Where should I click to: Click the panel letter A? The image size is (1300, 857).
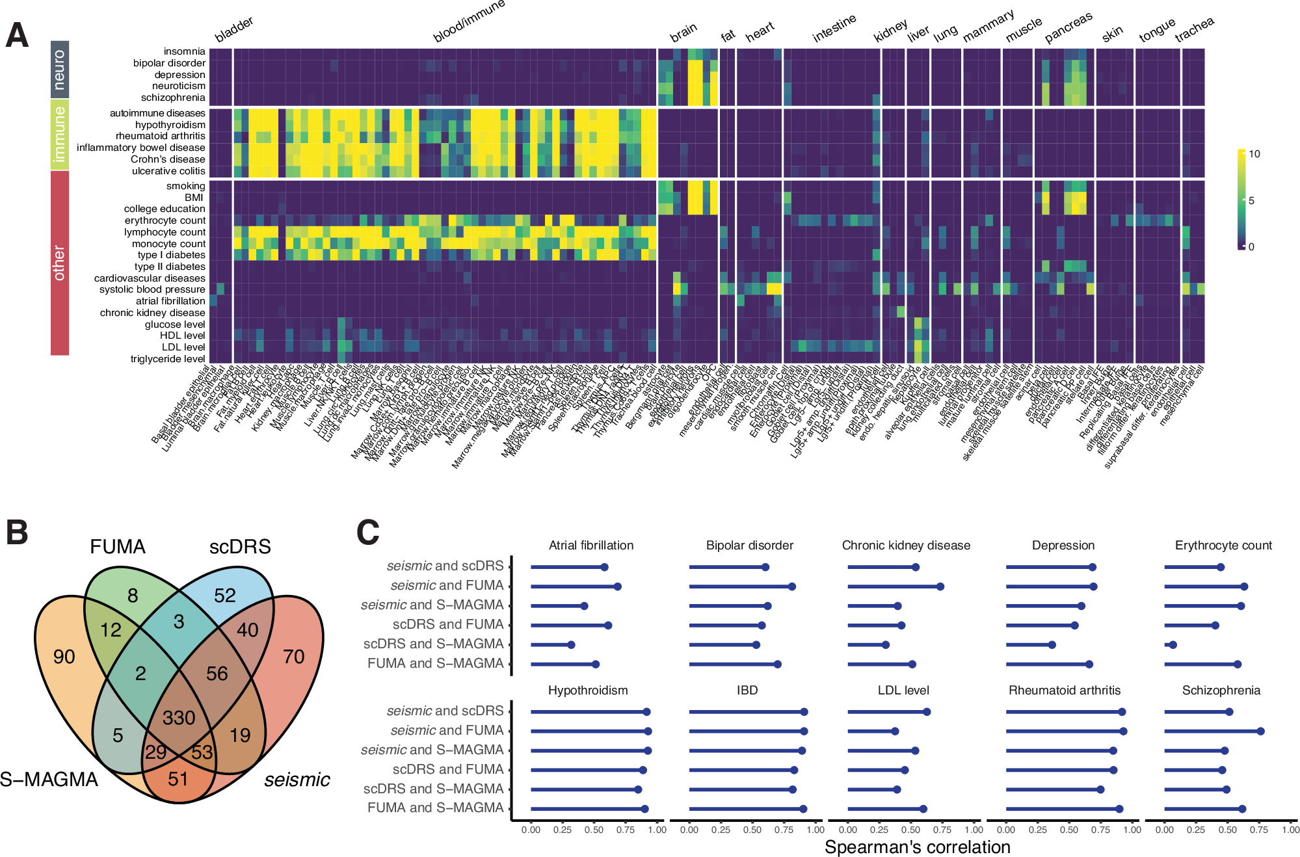tap(17, 35)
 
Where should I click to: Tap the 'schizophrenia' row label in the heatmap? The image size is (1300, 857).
tap(172, 98)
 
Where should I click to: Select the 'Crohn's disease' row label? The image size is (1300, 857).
tap(167, 159)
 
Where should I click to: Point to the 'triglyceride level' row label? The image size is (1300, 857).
tap(167, 359)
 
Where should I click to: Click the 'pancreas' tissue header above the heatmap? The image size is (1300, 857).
tap(1068, 27)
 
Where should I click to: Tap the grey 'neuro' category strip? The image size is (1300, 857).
tap(60, 70)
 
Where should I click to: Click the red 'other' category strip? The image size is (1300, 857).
tap(60, 263)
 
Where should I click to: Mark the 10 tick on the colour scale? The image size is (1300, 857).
tap(1254, 154)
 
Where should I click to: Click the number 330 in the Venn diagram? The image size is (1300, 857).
tap(179, 718)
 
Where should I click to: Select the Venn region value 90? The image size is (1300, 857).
tap(64, 657)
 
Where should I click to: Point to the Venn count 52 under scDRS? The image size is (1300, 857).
tap(225, 596)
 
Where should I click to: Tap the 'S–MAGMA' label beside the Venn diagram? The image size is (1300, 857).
tap(49, 779)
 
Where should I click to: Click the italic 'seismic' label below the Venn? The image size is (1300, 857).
tap(297, 780)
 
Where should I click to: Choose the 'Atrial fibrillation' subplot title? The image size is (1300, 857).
tap(590, 546)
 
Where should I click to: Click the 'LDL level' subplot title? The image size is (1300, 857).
tap(903, 691)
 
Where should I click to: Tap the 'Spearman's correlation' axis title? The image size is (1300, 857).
tap(917, 847)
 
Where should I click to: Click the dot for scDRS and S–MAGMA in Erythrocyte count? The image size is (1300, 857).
tap(1173, 645)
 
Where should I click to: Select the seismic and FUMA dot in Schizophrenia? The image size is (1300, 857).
tap(1260, 732)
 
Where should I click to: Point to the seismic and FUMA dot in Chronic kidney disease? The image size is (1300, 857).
tap(940, 587)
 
